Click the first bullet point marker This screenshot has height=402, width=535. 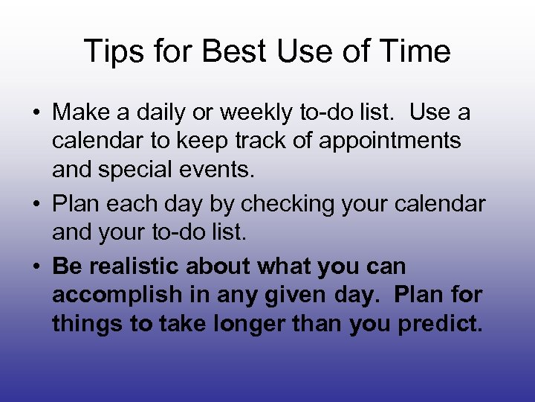point(36,114)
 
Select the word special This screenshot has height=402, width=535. point(140,170)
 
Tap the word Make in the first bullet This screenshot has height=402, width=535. point(80,113)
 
